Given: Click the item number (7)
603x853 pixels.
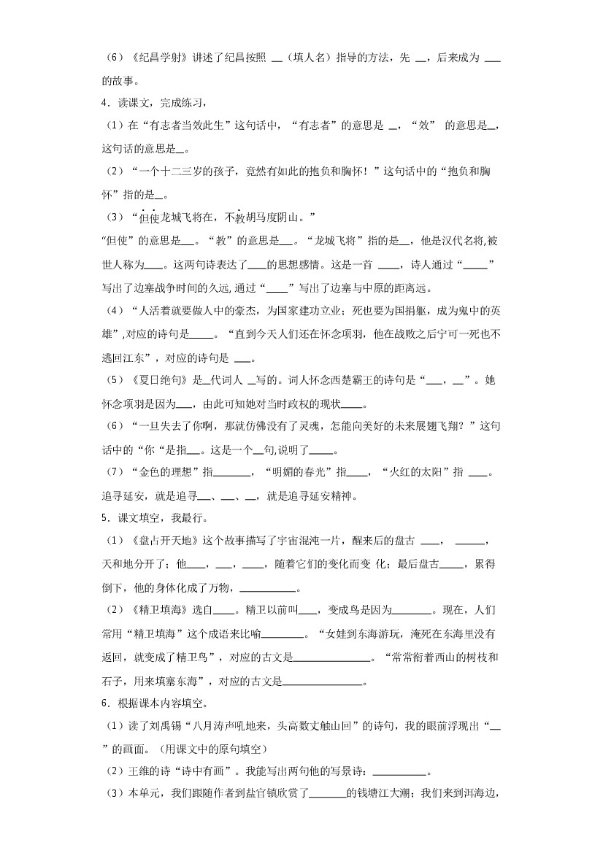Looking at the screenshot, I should pyautogui.click(x=115, y=472).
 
